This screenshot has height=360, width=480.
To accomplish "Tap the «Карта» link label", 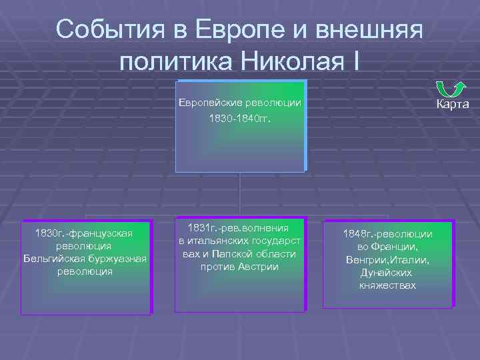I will click(x=453, y=105).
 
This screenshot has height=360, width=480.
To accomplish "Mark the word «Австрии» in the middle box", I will click(x=260, y=267).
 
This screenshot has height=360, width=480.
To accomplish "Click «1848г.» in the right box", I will click(x=358, y=234).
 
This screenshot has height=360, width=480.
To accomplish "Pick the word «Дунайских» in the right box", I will click(x=387, y=273).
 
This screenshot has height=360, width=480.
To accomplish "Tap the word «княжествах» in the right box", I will click(x=387, y=285).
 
